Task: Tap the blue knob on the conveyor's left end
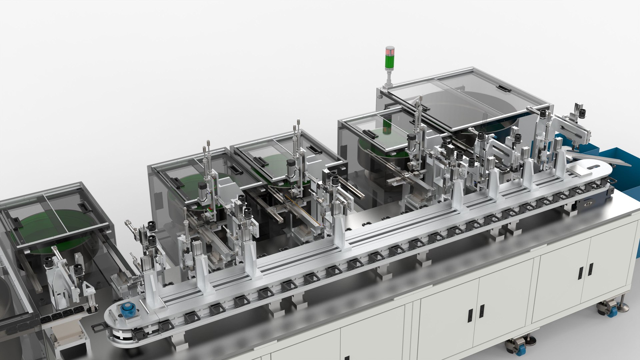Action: pyautogui.click(x=127, y=310)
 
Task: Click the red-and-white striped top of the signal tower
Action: pyautogui.click(x=390, y=52)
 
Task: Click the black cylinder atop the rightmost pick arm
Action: pyautogui.click(x=582, y=113)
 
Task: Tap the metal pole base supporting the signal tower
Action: pyautogui.click(x=389, y=80)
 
